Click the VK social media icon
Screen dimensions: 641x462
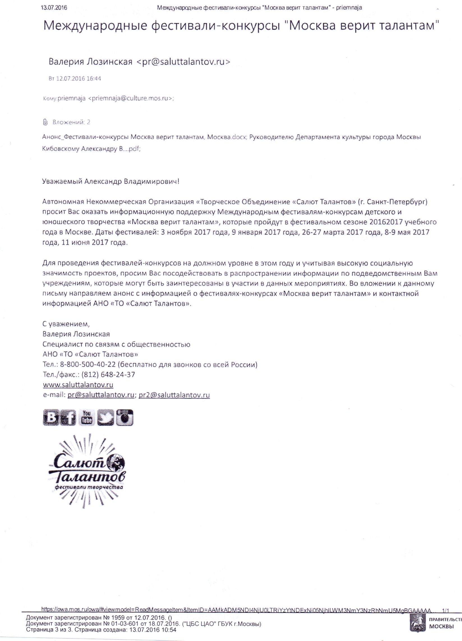pyautogui.click(x=51, y=417)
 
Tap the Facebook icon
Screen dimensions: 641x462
pyautogui.click(x=68, y=418)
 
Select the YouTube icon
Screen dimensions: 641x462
pyautogui.click(x=86, y=418)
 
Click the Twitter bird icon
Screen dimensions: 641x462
pyautogui.click(x=105, y=418)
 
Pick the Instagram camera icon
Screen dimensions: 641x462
pyautogui.click(x=125, y=418)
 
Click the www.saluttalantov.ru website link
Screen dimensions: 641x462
pyautogui.click(x=78, y=385)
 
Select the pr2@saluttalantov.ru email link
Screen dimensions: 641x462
pyautogui.click(x=174, y=395)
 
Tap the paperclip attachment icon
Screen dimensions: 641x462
pyautogui.click(x=45, y=122)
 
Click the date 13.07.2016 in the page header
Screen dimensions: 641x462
pyautogui.click(x=54, y=8)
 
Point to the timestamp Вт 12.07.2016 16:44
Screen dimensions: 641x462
pyautogui.click(x=75, y=79)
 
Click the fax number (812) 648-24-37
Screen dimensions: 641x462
pyautogui.click(x=108, y=375)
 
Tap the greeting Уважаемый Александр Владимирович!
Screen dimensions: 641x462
pyautogui.click(x=111, y=181)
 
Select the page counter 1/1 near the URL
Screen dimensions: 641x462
pyautogui.click(x=446, y=611)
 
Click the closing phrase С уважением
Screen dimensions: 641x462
pyautogui.click(x=66, y=324)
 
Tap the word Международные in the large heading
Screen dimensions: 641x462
pyautogui.click(x=95, y=26)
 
